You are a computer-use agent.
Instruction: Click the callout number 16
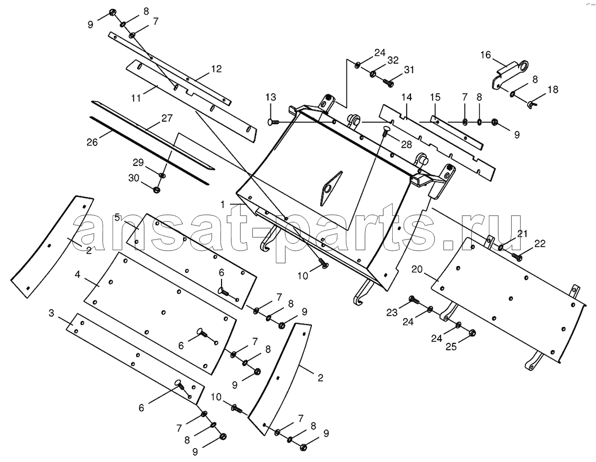point(485,55)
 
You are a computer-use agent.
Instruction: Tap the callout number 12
point(216,68)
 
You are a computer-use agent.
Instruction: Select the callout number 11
point(136,98)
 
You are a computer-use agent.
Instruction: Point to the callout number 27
point(167,118)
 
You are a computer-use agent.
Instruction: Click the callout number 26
point(92,142)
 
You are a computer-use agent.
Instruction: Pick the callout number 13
point(271,97)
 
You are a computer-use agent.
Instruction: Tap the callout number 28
point(407,144)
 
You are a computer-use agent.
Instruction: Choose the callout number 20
point(417,269)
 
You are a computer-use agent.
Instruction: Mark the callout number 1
point(223,204)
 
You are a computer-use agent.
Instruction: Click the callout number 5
point(117,218)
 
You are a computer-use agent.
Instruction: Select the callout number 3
point(52,313)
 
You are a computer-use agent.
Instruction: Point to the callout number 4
point(77,274)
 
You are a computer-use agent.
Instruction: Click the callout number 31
point(409,70)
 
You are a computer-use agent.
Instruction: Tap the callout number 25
point(451,347)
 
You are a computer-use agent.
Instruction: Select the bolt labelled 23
point(414,299)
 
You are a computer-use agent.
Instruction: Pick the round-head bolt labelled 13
point(273,122)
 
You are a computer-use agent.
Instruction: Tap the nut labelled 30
point(156,189)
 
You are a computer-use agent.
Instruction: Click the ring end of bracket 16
point(523,66)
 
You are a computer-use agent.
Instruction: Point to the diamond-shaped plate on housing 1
point(331,188)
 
